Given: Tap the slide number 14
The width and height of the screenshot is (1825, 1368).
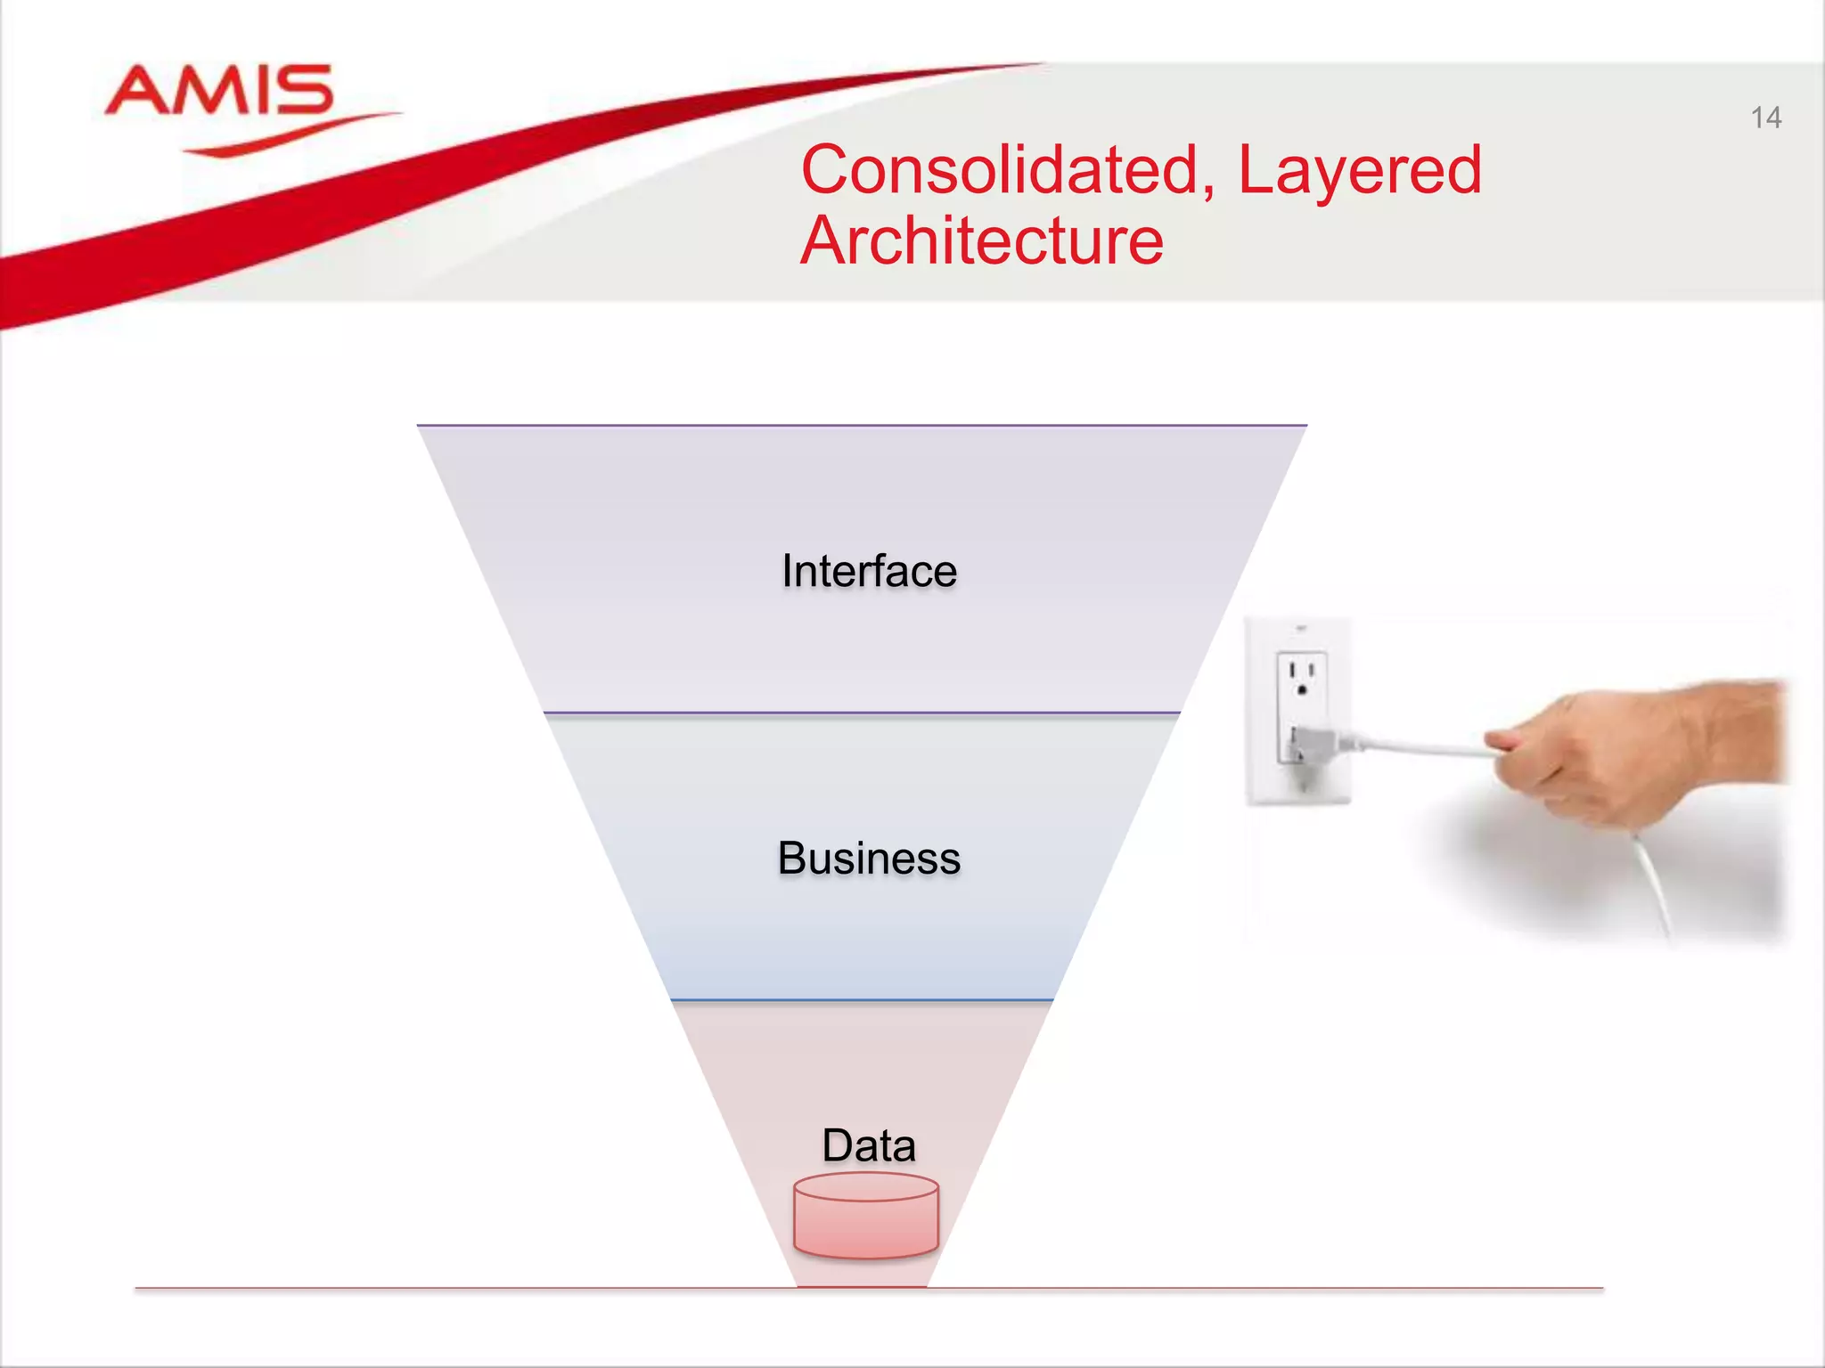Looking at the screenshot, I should tap(1765, 118).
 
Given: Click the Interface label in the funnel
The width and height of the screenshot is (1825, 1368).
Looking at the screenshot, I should tap(869, 571).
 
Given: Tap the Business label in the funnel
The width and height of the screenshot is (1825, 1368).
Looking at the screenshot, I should tap(869, 859).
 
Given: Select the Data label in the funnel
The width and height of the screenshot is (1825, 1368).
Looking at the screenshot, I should tap(869, 1145).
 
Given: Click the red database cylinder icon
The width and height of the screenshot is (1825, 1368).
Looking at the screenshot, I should tap(866, 1217).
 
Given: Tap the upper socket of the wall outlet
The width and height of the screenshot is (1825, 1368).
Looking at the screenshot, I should tap(1301, 677).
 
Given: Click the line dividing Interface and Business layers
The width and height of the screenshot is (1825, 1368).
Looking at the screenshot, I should tap(862, 712).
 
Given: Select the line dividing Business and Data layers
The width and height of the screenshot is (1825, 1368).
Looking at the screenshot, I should tap(862, 1000).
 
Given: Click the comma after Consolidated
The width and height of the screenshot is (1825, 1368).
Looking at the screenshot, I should tap(1207, 189).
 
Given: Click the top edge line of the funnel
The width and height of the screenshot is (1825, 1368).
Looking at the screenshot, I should tap(862, 426).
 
